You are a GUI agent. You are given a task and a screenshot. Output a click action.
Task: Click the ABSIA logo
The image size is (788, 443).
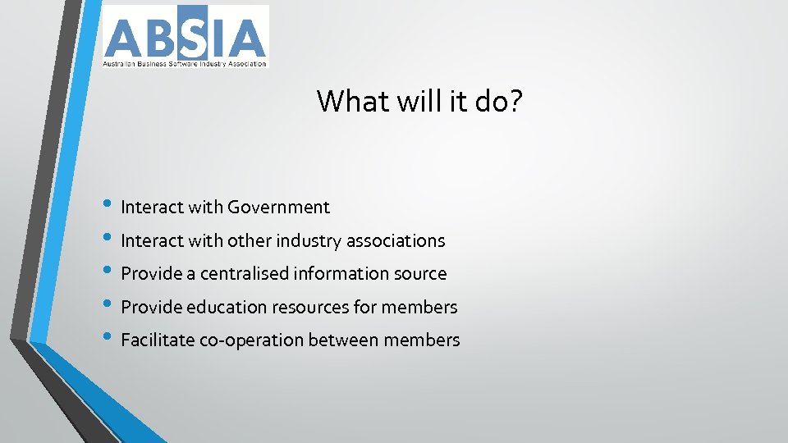point(185,36)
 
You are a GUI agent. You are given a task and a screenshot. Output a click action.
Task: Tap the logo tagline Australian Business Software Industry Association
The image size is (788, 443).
point(185,62)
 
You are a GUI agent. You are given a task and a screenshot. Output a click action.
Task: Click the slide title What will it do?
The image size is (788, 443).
point(419,101)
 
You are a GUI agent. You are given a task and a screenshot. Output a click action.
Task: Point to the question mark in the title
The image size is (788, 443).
point(515,101)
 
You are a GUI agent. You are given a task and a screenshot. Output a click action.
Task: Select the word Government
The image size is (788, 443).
point(278,208)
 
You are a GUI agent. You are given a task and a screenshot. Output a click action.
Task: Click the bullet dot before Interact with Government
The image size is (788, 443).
point(110,207)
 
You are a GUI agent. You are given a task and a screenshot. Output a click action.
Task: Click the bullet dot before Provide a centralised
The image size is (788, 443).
point(110,273)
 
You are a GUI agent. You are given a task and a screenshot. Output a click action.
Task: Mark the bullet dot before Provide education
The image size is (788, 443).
point(110,306)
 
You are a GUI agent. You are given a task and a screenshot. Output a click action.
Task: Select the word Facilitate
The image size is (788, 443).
point(157,340)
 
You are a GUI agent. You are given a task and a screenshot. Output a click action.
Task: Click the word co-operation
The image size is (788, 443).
point(251,341)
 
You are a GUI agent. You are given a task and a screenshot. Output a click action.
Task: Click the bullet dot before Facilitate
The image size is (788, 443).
point(110,339)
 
